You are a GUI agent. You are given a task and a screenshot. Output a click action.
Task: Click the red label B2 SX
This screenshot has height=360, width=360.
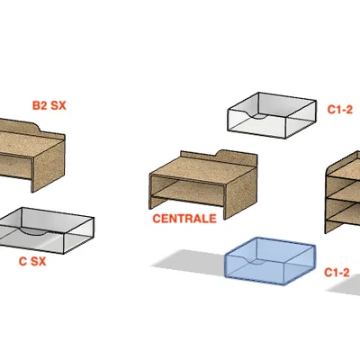click(49, 105)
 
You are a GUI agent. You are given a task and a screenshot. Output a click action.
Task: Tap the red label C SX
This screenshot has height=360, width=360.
click(32, 262)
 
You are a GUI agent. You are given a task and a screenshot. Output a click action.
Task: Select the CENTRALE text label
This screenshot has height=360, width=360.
click(184, 219)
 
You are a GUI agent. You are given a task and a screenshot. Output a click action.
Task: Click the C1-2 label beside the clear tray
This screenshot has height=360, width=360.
click(340, 110)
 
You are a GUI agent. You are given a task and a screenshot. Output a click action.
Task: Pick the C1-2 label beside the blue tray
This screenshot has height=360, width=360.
click(337, 273)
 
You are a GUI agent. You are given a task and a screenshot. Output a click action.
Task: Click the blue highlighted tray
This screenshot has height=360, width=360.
click(270, 261)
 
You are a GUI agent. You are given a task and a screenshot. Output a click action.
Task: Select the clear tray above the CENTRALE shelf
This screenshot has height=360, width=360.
click(272, 115)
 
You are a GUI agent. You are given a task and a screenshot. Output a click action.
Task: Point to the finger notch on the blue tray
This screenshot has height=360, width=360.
click(256, 262)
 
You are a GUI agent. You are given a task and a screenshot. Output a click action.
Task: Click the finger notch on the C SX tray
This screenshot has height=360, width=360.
click(33, 231)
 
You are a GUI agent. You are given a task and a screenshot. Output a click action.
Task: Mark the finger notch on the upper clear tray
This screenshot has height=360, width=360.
click(258, 116)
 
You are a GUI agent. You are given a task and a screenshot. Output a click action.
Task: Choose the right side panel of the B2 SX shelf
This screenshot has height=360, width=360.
click(49, 165)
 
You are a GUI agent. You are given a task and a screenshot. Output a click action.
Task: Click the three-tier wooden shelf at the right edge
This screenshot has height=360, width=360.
click(343, 192)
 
